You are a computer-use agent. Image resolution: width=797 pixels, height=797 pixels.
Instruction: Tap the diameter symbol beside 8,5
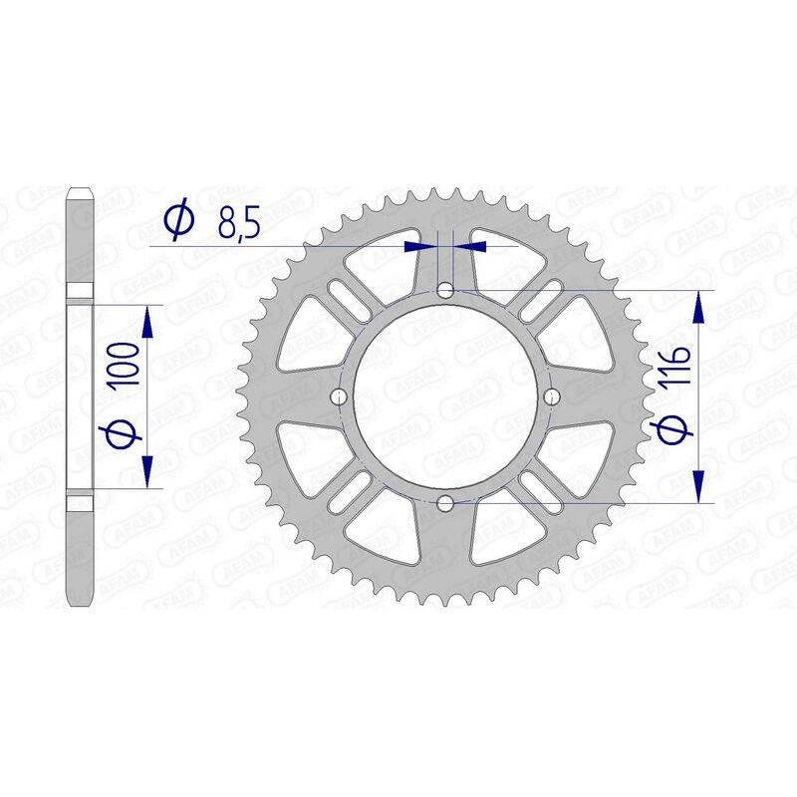[179, 221]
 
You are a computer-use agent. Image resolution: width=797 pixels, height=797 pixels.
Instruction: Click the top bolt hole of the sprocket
[445, 291]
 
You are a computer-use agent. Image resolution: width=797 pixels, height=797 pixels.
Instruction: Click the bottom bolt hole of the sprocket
[445, 502]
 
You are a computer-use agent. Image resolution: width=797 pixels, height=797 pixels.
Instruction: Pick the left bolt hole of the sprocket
[340, 397]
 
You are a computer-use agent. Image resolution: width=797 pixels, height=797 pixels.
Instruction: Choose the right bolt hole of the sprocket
[551, 397]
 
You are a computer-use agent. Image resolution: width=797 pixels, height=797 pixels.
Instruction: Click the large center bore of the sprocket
[445, 397]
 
